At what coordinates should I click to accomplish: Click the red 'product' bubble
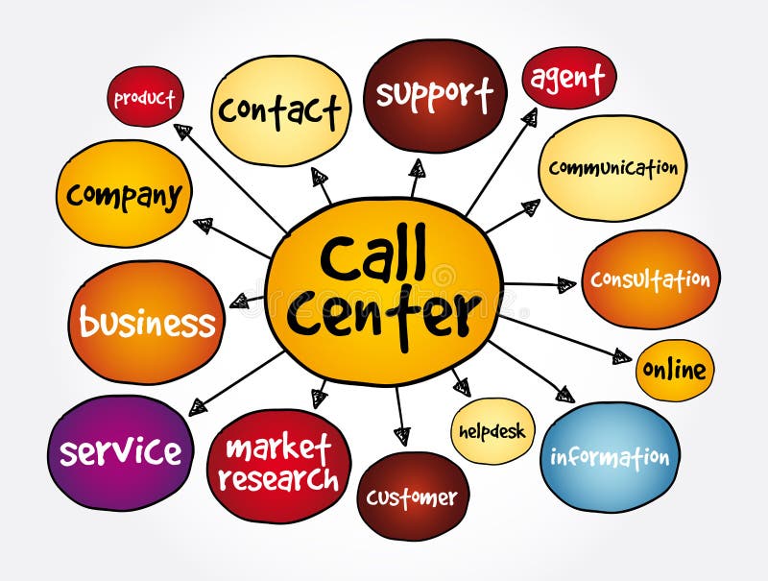coord(144,98)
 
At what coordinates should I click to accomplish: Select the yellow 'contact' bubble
coord(280,111)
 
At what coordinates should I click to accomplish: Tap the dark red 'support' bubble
coord(435,95)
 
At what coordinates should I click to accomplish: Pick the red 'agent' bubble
coord(568,78)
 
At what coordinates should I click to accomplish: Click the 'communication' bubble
coord(612,168)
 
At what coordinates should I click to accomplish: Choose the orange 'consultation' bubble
coord(650,279)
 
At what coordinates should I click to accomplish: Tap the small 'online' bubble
coord(674,370)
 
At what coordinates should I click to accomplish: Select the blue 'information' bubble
coord(610,456)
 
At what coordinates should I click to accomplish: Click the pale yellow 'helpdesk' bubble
coord(492,431)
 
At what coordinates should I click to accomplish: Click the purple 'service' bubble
coord(120,451)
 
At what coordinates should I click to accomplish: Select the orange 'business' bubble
coord(146,323)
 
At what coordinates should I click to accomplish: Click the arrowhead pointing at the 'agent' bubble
coord(529,117)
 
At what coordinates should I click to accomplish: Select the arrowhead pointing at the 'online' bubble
coord(622,357)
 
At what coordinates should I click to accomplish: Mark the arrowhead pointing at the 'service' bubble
coord(199,407)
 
